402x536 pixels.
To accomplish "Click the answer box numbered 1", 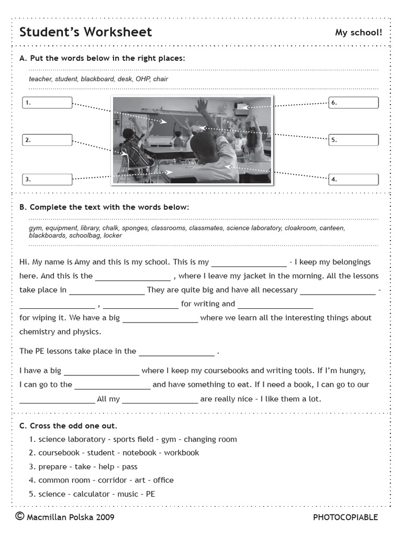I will pos(48,103).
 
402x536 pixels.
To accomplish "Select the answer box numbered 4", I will pos(353,180).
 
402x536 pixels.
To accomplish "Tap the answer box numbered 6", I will pos(353,103).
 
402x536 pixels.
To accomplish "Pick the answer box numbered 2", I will pos(48,140).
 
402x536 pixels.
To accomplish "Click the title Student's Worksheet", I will pos(85,32).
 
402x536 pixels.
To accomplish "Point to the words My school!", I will pos(359,32).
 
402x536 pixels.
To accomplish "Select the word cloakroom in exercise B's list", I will pos(300,228).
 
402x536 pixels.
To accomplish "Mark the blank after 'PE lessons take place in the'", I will pos(176,352).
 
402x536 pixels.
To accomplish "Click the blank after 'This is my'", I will pos(249,262).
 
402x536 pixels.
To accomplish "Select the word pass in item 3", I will pos(130,466).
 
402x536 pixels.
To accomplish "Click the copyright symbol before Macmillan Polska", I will pos(20,517).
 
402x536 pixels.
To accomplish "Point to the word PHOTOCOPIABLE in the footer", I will pos(345,517).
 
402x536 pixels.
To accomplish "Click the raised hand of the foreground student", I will pos(202,106).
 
